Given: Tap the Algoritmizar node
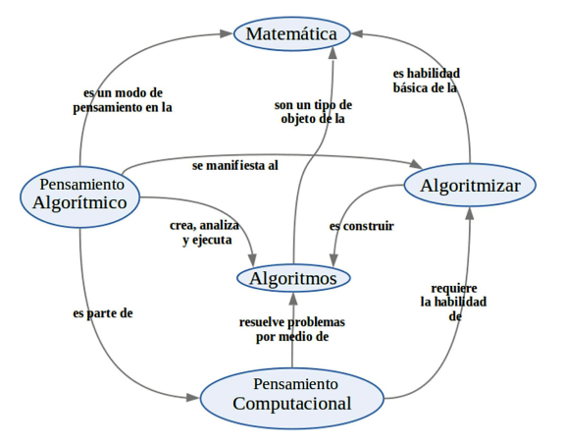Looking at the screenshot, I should tap(471, 185).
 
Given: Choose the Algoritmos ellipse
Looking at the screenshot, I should tap(293, 278).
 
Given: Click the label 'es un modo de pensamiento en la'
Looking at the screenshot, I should tap(123, 101).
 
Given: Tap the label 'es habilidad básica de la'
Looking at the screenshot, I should tap(425, 80).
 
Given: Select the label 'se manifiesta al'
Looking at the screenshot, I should tap(234, 165).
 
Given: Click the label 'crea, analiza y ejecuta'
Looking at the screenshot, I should tap(204, 233).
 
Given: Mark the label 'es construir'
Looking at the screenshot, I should tap(362, 226).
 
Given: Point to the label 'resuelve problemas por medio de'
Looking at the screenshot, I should tap(292, 329).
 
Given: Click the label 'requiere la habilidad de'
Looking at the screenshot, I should tap(453, 302).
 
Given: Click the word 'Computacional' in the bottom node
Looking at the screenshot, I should tap(292, 404).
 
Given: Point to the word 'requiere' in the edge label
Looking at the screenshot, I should tap(454, 287).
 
